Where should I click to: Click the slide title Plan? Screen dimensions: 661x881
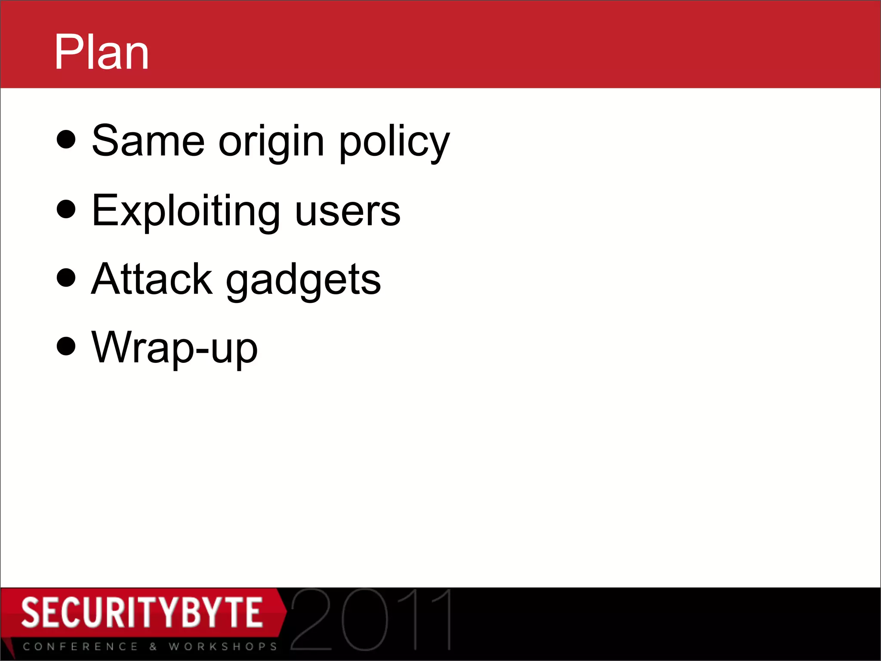102,53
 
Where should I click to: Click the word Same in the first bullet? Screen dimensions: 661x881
148,141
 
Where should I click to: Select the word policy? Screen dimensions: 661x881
394,142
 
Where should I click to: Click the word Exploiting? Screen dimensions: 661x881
185,211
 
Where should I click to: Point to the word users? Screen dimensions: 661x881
348,212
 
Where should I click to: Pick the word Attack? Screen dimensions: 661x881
151,280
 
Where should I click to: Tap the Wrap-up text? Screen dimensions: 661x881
174,348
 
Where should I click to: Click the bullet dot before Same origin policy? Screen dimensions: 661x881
66,139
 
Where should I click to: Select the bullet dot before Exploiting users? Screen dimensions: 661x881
66,209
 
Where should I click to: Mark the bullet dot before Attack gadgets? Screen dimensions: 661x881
66,278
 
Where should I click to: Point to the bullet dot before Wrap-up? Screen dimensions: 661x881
66,346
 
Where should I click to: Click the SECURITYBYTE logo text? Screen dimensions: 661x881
142,612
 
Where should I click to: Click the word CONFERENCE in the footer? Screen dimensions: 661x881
80,647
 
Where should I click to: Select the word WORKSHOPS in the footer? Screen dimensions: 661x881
223,647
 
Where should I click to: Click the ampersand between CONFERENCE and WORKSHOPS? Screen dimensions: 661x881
153,647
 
